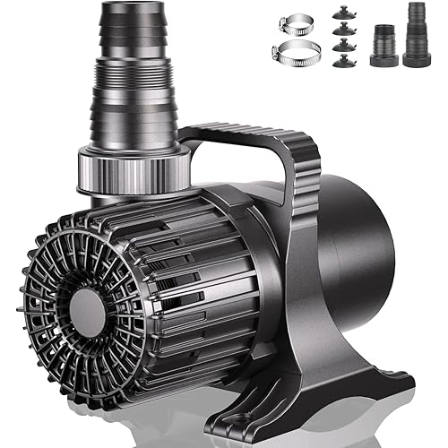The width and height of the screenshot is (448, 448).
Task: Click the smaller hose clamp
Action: click(295, 23)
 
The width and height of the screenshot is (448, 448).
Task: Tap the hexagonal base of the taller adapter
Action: click(417, 59)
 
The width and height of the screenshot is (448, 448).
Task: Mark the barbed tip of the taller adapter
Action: click(417, 12)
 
